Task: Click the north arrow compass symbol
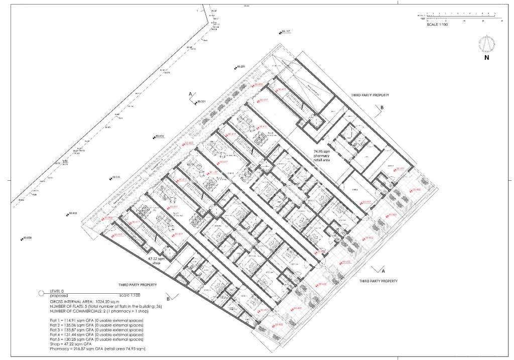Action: [486, 44]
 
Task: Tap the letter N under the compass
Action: [486, 58]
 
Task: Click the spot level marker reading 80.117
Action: [285, 32]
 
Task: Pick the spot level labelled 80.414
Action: [158, 136]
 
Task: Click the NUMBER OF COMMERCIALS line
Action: [94, 310]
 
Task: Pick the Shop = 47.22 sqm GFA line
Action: [70, 343]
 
